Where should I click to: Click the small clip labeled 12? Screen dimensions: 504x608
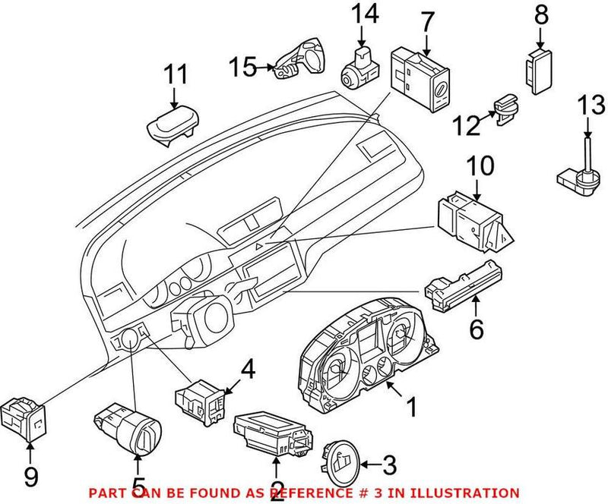tap(504, 111)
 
